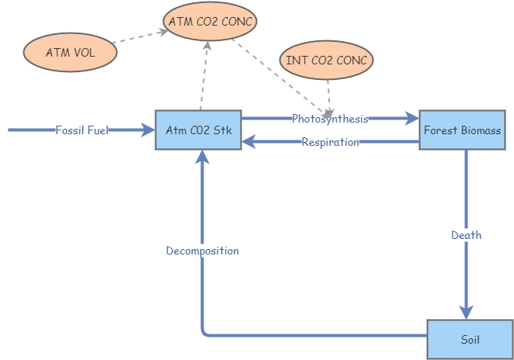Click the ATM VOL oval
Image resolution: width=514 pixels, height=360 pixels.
click(x=70, y=53)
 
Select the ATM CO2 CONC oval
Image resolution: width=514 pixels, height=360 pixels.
click(x=210, y=21)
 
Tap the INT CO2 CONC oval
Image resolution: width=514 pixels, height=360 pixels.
click(x=327, y=60)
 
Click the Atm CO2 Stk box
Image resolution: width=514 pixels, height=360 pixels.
click(x=199, y=130)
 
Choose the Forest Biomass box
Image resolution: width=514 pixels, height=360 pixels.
click(x=462, y=130)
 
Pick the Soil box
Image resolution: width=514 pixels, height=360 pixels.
click(x=470, y=339)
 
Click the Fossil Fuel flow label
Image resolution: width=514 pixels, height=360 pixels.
click(x=82, y=130)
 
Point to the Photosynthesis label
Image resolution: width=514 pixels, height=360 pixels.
click(x=330, y=119)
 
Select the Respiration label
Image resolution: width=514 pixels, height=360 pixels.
click(x=330, y=142)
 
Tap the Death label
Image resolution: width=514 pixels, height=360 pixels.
click(x=466, y=234)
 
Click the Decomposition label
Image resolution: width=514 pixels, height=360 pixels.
click(x=202, y=251)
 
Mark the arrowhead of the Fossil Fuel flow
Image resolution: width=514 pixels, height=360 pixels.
click(x=149, y=130)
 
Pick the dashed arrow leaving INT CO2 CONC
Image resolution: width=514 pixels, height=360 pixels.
click(x=328, y=93)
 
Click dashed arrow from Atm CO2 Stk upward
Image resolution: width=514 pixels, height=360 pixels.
click(x=204, y=78)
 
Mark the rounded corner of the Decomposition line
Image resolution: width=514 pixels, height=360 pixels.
click(x=205, y=333)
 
